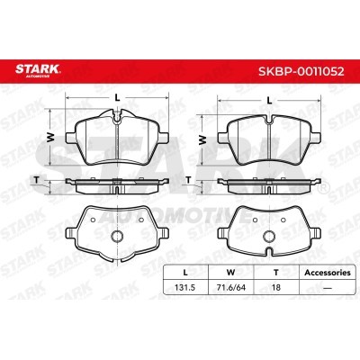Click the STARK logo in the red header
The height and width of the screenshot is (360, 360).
tap(38, 70)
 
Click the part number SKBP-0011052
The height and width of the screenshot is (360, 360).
tap(301, 72)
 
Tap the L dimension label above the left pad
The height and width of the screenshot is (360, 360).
tap(117, 97)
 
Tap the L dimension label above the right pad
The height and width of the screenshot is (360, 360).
tap(269, 101)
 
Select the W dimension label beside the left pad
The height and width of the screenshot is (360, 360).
tap(51, 138)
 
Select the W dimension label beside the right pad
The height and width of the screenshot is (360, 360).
tap(203, 139)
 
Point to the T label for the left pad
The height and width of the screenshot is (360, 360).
tap(37, 180)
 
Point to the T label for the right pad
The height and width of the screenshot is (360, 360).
tap(188, 180)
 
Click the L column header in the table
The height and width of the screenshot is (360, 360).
tap(185, 273)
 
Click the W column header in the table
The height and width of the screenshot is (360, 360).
tap(230, 273)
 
